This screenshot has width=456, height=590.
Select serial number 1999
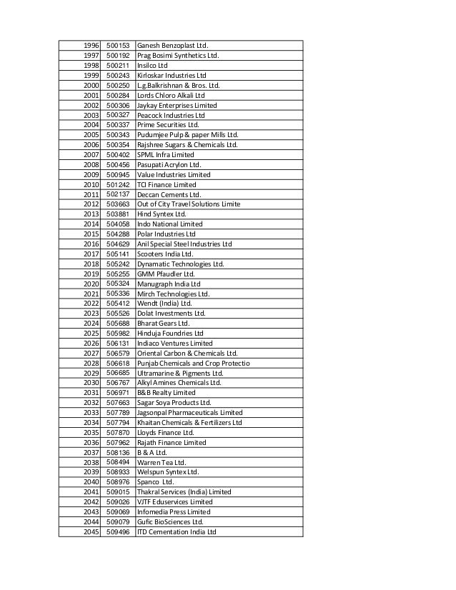tap(89, 75)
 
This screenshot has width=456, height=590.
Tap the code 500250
tap(117, 85)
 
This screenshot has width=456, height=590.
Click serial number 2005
tap(89, 135)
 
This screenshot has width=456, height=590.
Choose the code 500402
tap(117, 154)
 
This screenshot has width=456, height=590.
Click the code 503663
tap(117, 204)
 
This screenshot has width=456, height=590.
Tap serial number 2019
tap(89, 274)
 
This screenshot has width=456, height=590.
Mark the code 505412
tap(117, 303)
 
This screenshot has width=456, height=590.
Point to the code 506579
tap(117, 353)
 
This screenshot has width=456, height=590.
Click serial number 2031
tap(89, 392)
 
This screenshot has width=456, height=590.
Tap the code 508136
tap(117, 452)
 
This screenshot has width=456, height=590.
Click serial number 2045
tap(89, 531)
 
